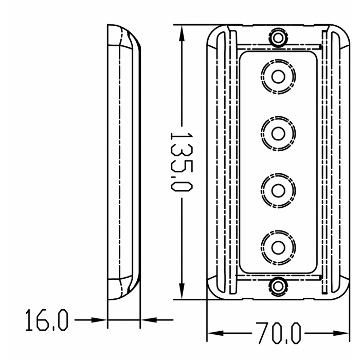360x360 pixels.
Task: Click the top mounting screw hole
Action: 278,37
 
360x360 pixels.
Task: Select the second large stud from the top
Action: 278,133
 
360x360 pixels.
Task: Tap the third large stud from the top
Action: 278,190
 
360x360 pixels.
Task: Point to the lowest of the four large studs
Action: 278,246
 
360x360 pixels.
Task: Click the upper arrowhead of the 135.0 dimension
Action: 181,32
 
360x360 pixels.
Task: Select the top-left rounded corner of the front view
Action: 212,31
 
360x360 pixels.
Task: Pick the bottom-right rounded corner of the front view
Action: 344,293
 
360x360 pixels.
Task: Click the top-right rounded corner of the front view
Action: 344,31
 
